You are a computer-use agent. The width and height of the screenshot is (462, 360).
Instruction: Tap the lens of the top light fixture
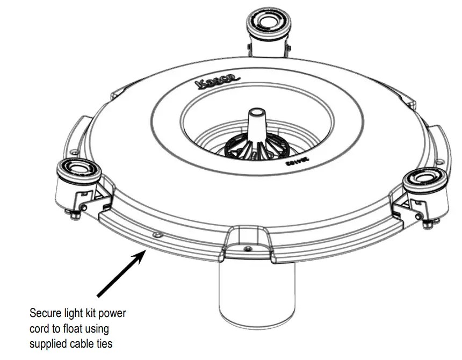(x=266, y=21)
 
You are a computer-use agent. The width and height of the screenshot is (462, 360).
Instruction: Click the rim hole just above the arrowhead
(x=156, y=235)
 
